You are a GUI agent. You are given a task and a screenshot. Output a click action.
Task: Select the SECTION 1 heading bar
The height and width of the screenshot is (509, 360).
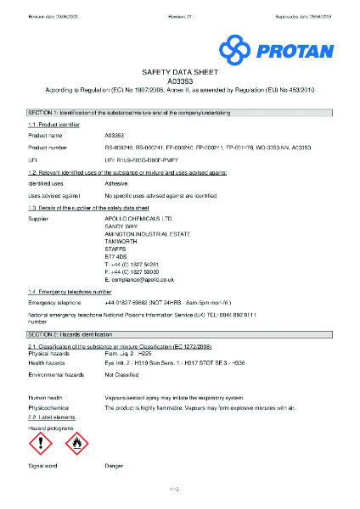coord(180,113)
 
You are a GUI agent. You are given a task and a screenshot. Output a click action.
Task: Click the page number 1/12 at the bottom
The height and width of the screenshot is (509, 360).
coord(180,489)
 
